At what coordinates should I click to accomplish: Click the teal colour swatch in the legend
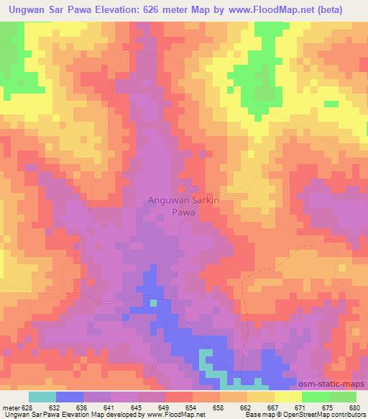(x=42, y=397)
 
